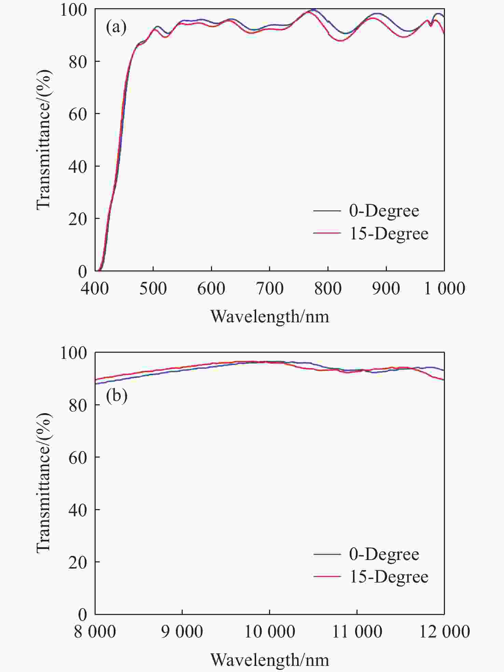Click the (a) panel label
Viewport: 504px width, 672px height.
pyautogui.click(x=116, y=27)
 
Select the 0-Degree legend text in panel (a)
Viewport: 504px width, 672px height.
pyautogui.click(x=384, y=211)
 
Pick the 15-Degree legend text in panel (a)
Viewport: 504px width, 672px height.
pyautogui.click(x=389, y=234)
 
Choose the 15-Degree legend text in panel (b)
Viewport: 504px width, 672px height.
pyautogui.click(x=389, y=577)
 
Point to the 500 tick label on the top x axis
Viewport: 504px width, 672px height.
pyautogui.click(x=153, y=289)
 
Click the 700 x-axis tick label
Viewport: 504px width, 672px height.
pyautogui.click(x=270, y=289)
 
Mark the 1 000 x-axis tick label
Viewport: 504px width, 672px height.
pyautogui.click(x=445, y=289)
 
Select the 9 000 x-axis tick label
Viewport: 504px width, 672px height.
pyautogui.click(x=182, y=632)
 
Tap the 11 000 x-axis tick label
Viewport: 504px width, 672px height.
pyautogui.click(x=357, y=632)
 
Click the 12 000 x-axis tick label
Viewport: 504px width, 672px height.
pyautogui.click(x=445, y=632)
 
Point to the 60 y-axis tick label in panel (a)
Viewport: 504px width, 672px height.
pyautogui.click(x=78, y=114)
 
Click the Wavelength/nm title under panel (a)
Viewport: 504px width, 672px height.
pyautogui.click(x=270, y=317)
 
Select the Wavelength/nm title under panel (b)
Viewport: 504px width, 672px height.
pyautogui.click(x=270, y=660)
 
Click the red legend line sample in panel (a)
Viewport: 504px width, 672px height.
pyautogui.click(x=327, y=233)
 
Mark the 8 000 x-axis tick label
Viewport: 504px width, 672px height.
pyautogui.click(x=95, y=632)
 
